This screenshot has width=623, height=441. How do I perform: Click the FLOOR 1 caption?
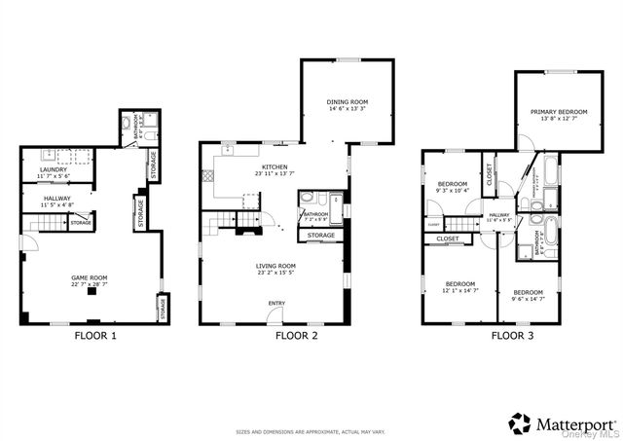pyautogui.click(x=95, y=336)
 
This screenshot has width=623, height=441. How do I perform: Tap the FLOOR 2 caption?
pyautogui.click(x=297, y=336)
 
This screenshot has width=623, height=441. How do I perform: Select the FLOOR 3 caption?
pyautogui.click(x=512, y=336)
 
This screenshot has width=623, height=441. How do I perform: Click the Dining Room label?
pyautogui.click(x=348, y=102)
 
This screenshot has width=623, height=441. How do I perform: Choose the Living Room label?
pyautogui.click(x=273, y=266)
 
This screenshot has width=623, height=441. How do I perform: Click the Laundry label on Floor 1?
pyautogui.click(x=54, y=169)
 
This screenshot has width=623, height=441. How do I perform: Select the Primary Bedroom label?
pyautogui.click(x=559, y=112)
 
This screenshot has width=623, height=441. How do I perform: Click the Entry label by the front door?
pyautogui.click(x=276, y=303)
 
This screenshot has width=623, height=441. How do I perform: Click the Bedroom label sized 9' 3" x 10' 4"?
pyautogui.click(x=453, y=184)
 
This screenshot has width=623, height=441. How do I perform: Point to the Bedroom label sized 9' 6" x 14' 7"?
pyautogui.click(x=529, y=292)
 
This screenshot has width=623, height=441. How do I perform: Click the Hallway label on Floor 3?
pyautogui.click(x=499, y=215)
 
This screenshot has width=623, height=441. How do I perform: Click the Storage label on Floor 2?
pyautogui.click(x=321, y=235)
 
